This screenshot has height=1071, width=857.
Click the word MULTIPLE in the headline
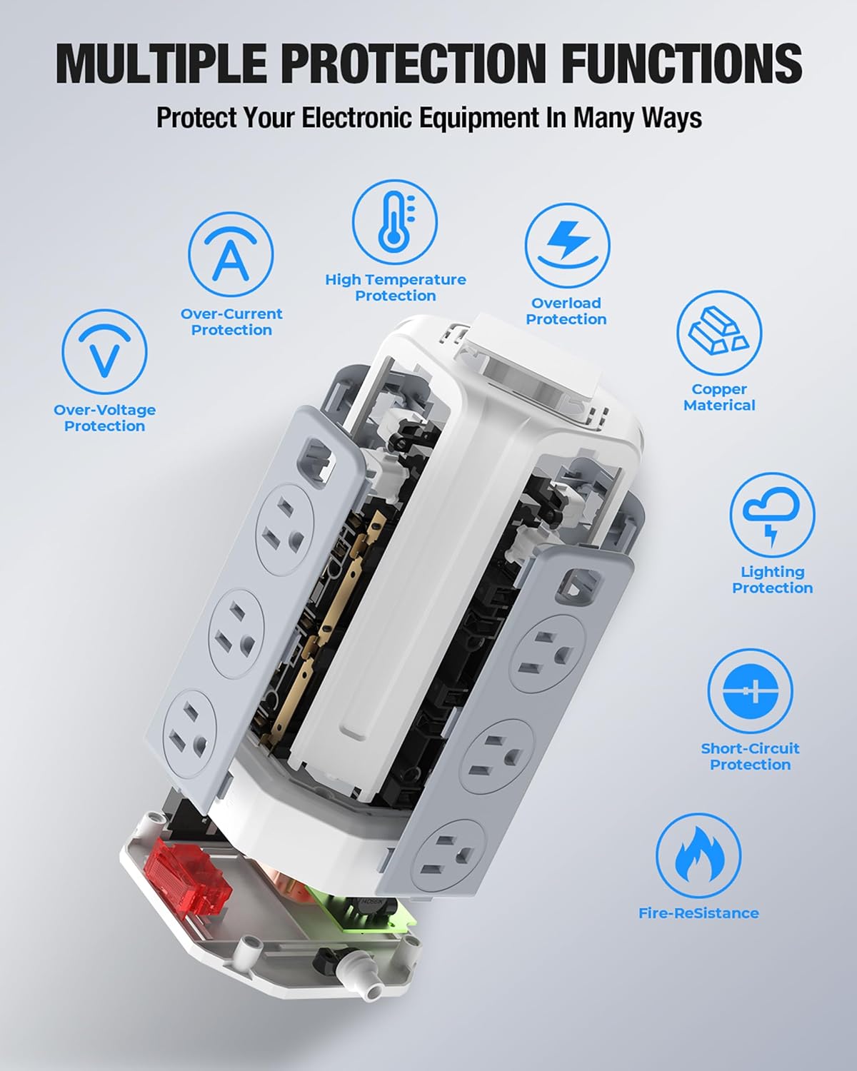click(161, 64)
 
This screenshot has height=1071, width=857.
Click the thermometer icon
click(395, 222)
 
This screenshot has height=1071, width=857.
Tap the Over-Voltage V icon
click(104, 351)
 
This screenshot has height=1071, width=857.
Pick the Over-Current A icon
click(231, 254)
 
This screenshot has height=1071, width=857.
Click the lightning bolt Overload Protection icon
click(567, 245)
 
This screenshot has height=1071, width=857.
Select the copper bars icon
click(719, 333)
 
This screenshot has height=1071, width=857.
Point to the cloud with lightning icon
click(772, 515)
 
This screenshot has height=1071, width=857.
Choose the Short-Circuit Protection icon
click(750, 691)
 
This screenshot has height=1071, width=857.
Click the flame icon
click(698, 856)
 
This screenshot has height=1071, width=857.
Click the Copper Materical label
click(719, 397)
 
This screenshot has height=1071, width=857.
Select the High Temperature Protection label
click(396, 288)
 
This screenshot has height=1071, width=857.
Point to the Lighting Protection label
click(772, 580)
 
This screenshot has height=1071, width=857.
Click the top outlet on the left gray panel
click(286, 530)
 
